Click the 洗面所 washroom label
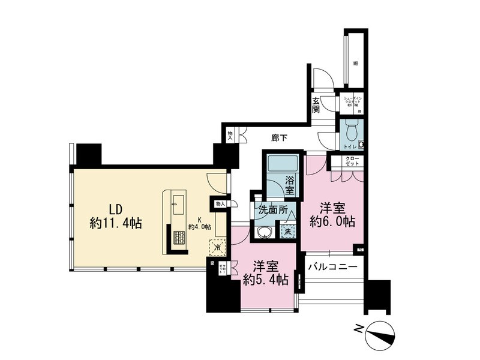(273, 211)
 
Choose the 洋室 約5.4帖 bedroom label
(265, 273)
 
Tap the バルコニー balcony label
(333, 266)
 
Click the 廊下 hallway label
(279, 138)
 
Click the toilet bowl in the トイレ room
(352, 129)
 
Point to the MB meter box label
(355, 63)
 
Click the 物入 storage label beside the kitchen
(220, 204)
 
